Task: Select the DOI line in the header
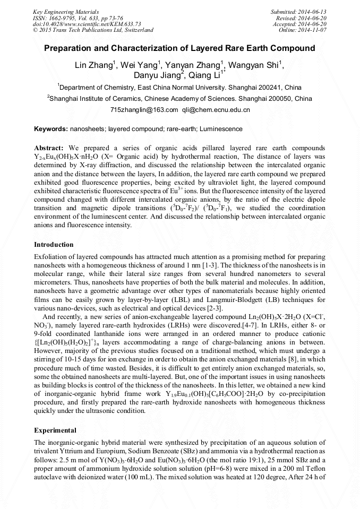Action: [80, 24]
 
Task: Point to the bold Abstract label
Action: [49, 147]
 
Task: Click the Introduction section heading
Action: [54, 245]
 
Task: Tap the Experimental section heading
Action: [55, 430]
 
